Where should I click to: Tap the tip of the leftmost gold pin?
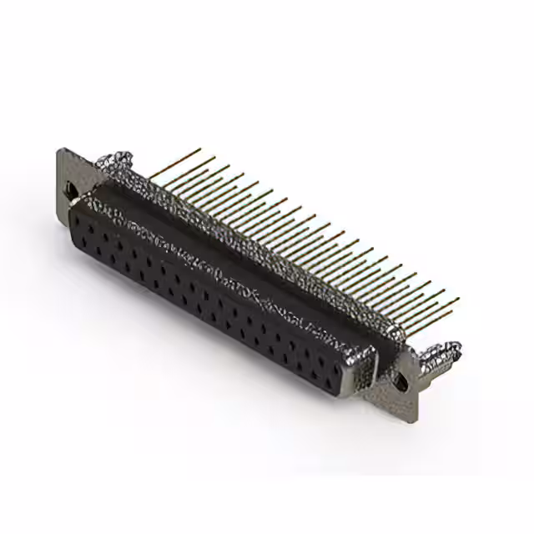(x=200, y=149)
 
